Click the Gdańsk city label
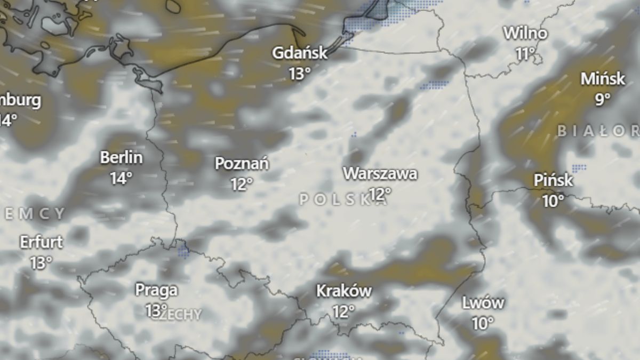(299, 53)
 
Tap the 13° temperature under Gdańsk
(300, 73)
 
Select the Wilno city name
(525, 34)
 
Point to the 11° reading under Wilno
(525, 53)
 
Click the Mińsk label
(603, 79)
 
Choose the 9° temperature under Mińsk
(603, 99)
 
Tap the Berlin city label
(122, 158)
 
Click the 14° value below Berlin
(122, 178)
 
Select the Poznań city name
(242, 164)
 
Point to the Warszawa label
(380, 174)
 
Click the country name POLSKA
(341, 199)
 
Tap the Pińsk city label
(553, 181)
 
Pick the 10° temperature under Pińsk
(553, 201)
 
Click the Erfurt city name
(41, 242)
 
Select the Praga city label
(156, 290)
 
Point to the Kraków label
(344, 291)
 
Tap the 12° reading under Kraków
(343, 311)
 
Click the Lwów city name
(483, 303)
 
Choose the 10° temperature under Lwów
(483, 323)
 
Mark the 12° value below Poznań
(242, 184)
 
